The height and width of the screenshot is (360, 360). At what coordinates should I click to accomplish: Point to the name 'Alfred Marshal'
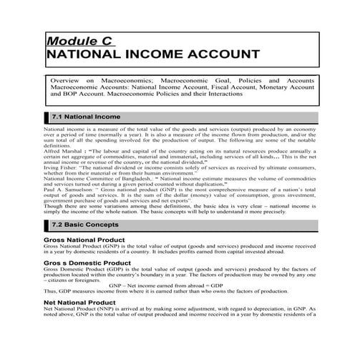[x=63, y=152]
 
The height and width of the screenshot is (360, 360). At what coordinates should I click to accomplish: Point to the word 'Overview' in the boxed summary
[x=67, y=82]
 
